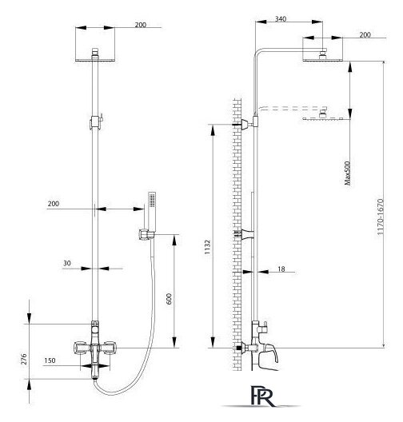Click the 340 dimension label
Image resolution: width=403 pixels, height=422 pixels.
point(281,19)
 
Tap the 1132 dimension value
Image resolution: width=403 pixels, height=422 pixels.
point(207,247)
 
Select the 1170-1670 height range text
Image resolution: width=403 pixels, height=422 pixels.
point(380,217)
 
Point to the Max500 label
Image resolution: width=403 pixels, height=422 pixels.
point(348,173)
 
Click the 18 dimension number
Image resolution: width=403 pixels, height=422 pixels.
point(281,269)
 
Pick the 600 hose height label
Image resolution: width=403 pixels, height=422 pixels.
point(169,299)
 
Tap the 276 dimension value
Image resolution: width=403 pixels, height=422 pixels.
point(24,359)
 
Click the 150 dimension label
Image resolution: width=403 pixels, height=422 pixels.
point(50,360)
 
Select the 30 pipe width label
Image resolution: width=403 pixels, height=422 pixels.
point(67,263)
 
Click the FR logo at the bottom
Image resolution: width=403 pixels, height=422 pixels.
point(261,396)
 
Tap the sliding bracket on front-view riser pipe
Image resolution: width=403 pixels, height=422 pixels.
point(96,122)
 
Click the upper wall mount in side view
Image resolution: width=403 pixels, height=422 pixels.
point(245,125)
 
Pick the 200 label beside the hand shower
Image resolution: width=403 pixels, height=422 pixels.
point(54,204)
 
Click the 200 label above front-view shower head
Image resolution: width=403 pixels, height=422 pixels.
point(140,25)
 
